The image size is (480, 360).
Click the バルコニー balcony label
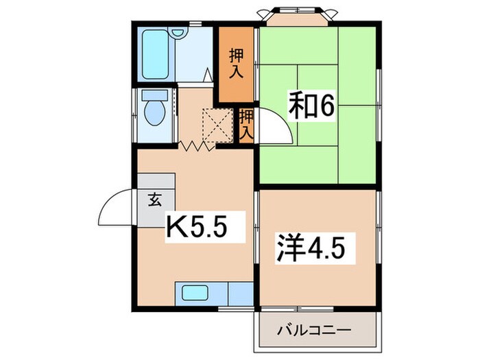314,331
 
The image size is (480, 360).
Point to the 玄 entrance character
154,200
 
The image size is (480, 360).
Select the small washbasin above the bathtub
178,33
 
